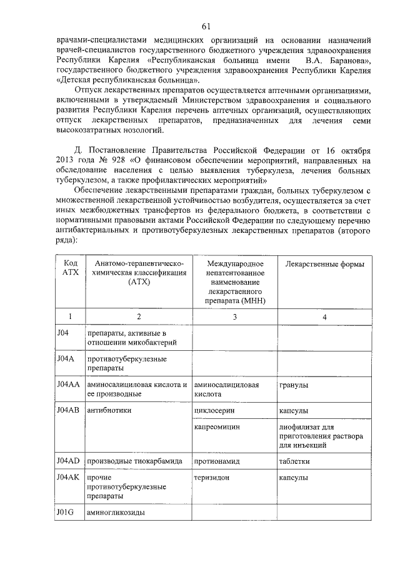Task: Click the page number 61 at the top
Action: (x=206, y=26)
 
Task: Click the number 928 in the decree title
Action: (x=116, y=162)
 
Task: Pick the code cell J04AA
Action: (x=67, y=385)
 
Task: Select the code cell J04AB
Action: (x=67, y=410)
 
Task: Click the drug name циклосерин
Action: (x=214, y=411)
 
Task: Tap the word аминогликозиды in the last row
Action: (x=116, y=513)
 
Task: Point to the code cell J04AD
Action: (x=67, y=461)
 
